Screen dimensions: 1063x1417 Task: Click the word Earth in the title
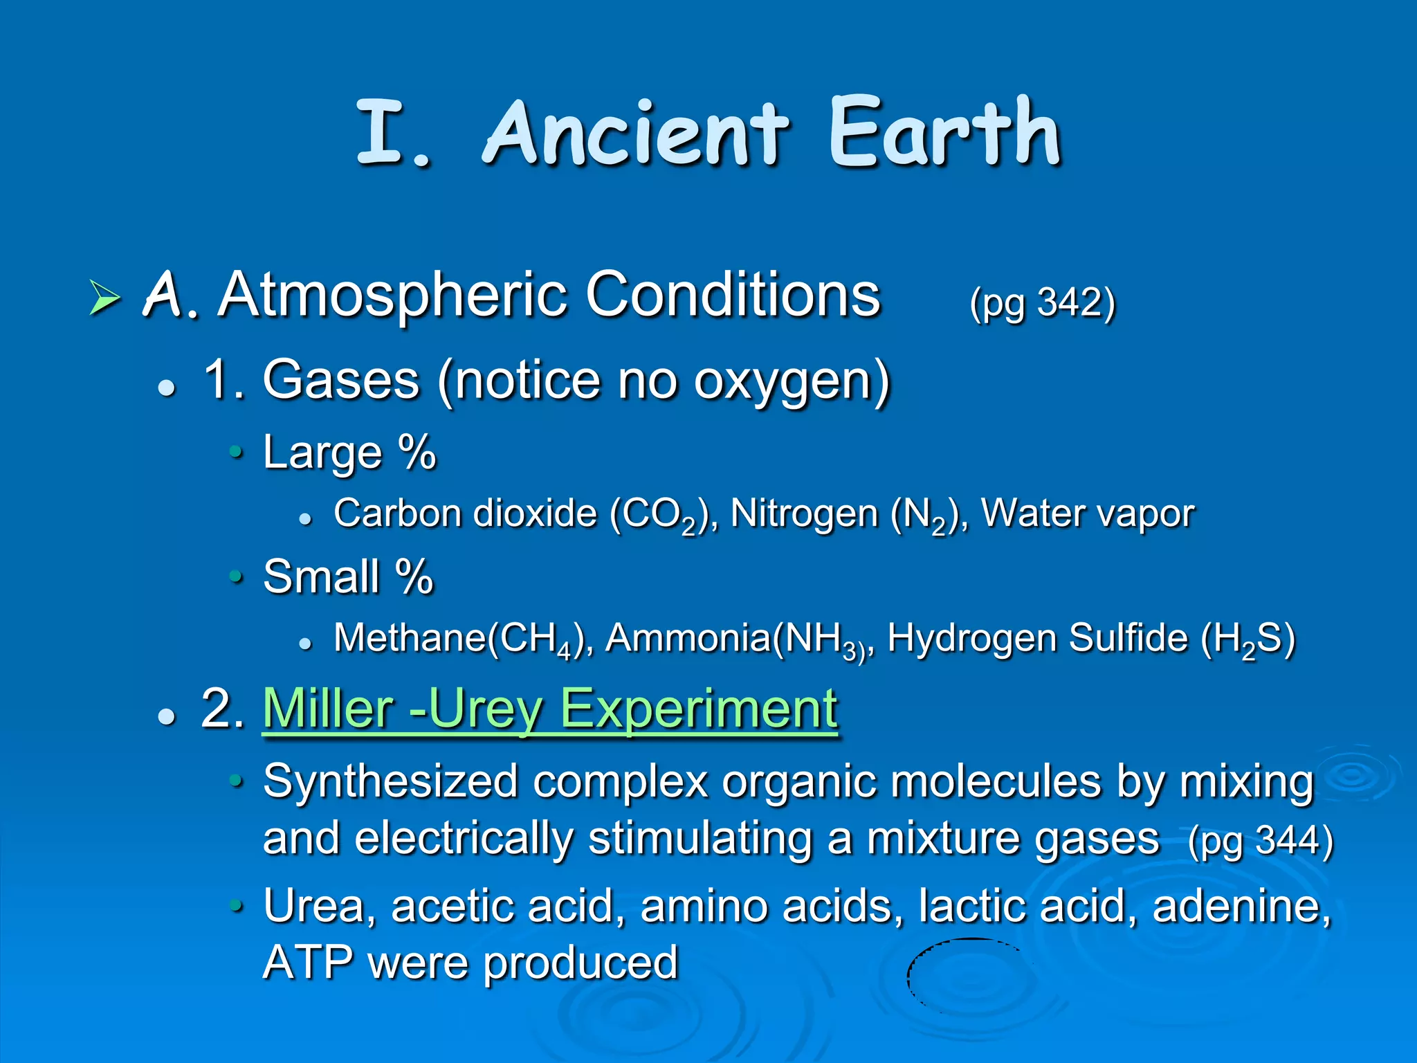click(945, 133)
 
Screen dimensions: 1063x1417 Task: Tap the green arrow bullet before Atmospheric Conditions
click(105, 298)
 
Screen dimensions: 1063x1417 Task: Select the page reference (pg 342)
click(1043, 302)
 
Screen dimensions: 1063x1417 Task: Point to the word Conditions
click(733, 295)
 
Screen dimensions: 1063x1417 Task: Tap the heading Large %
click(349, 453)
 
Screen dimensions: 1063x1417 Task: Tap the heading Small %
click(348, 576)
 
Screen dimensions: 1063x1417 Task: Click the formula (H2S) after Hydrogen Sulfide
click(1247, 639)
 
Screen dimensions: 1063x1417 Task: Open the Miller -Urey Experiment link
click(550, 709)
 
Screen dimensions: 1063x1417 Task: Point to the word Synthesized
click(390, 782)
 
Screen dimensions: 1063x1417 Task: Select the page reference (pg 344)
click(1260, 841)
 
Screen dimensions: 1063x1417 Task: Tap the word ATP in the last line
click(309, 963)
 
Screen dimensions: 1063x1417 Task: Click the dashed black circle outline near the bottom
click(909, 976)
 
